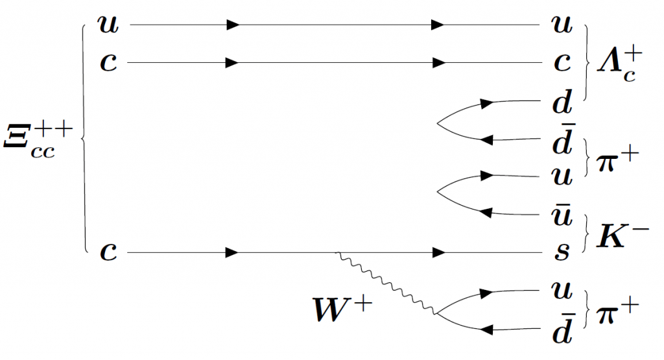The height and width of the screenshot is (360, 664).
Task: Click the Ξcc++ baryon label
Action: click(x=38, y=139)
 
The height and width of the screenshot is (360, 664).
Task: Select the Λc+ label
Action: click(x=619, y=64)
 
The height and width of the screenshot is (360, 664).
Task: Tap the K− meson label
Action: click(x=622, y=235)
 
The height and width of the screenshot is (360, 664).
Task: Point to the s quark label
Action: click(x=562, y=251)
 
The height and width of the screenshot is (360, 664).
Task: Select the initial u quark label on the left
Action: click(x=108, y=24)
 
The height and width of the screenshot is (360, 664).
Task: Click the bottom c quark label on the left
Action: click(x=108, y=252)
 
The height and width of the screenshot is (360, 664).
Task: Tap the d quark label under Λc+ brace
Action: click(x=562, y=102)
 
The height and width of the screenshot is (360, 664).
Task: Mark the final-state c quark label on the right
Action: click(x=562, y=62)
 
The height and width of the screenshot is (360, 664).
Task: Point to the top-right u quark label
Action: click(x=562, y=24)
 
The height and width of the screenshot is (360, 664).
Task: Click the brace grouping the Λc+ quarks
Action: click(x=587, y=63)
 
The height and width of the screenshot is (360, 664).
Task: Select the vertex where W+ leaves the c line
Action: click(x=337, y=253)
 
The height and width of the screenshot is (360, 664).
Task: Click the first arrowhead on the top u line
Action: click(x=233, y=25)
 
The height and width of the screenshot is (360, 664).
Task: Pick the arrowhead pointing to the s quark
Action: click(x=439, y=253)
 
